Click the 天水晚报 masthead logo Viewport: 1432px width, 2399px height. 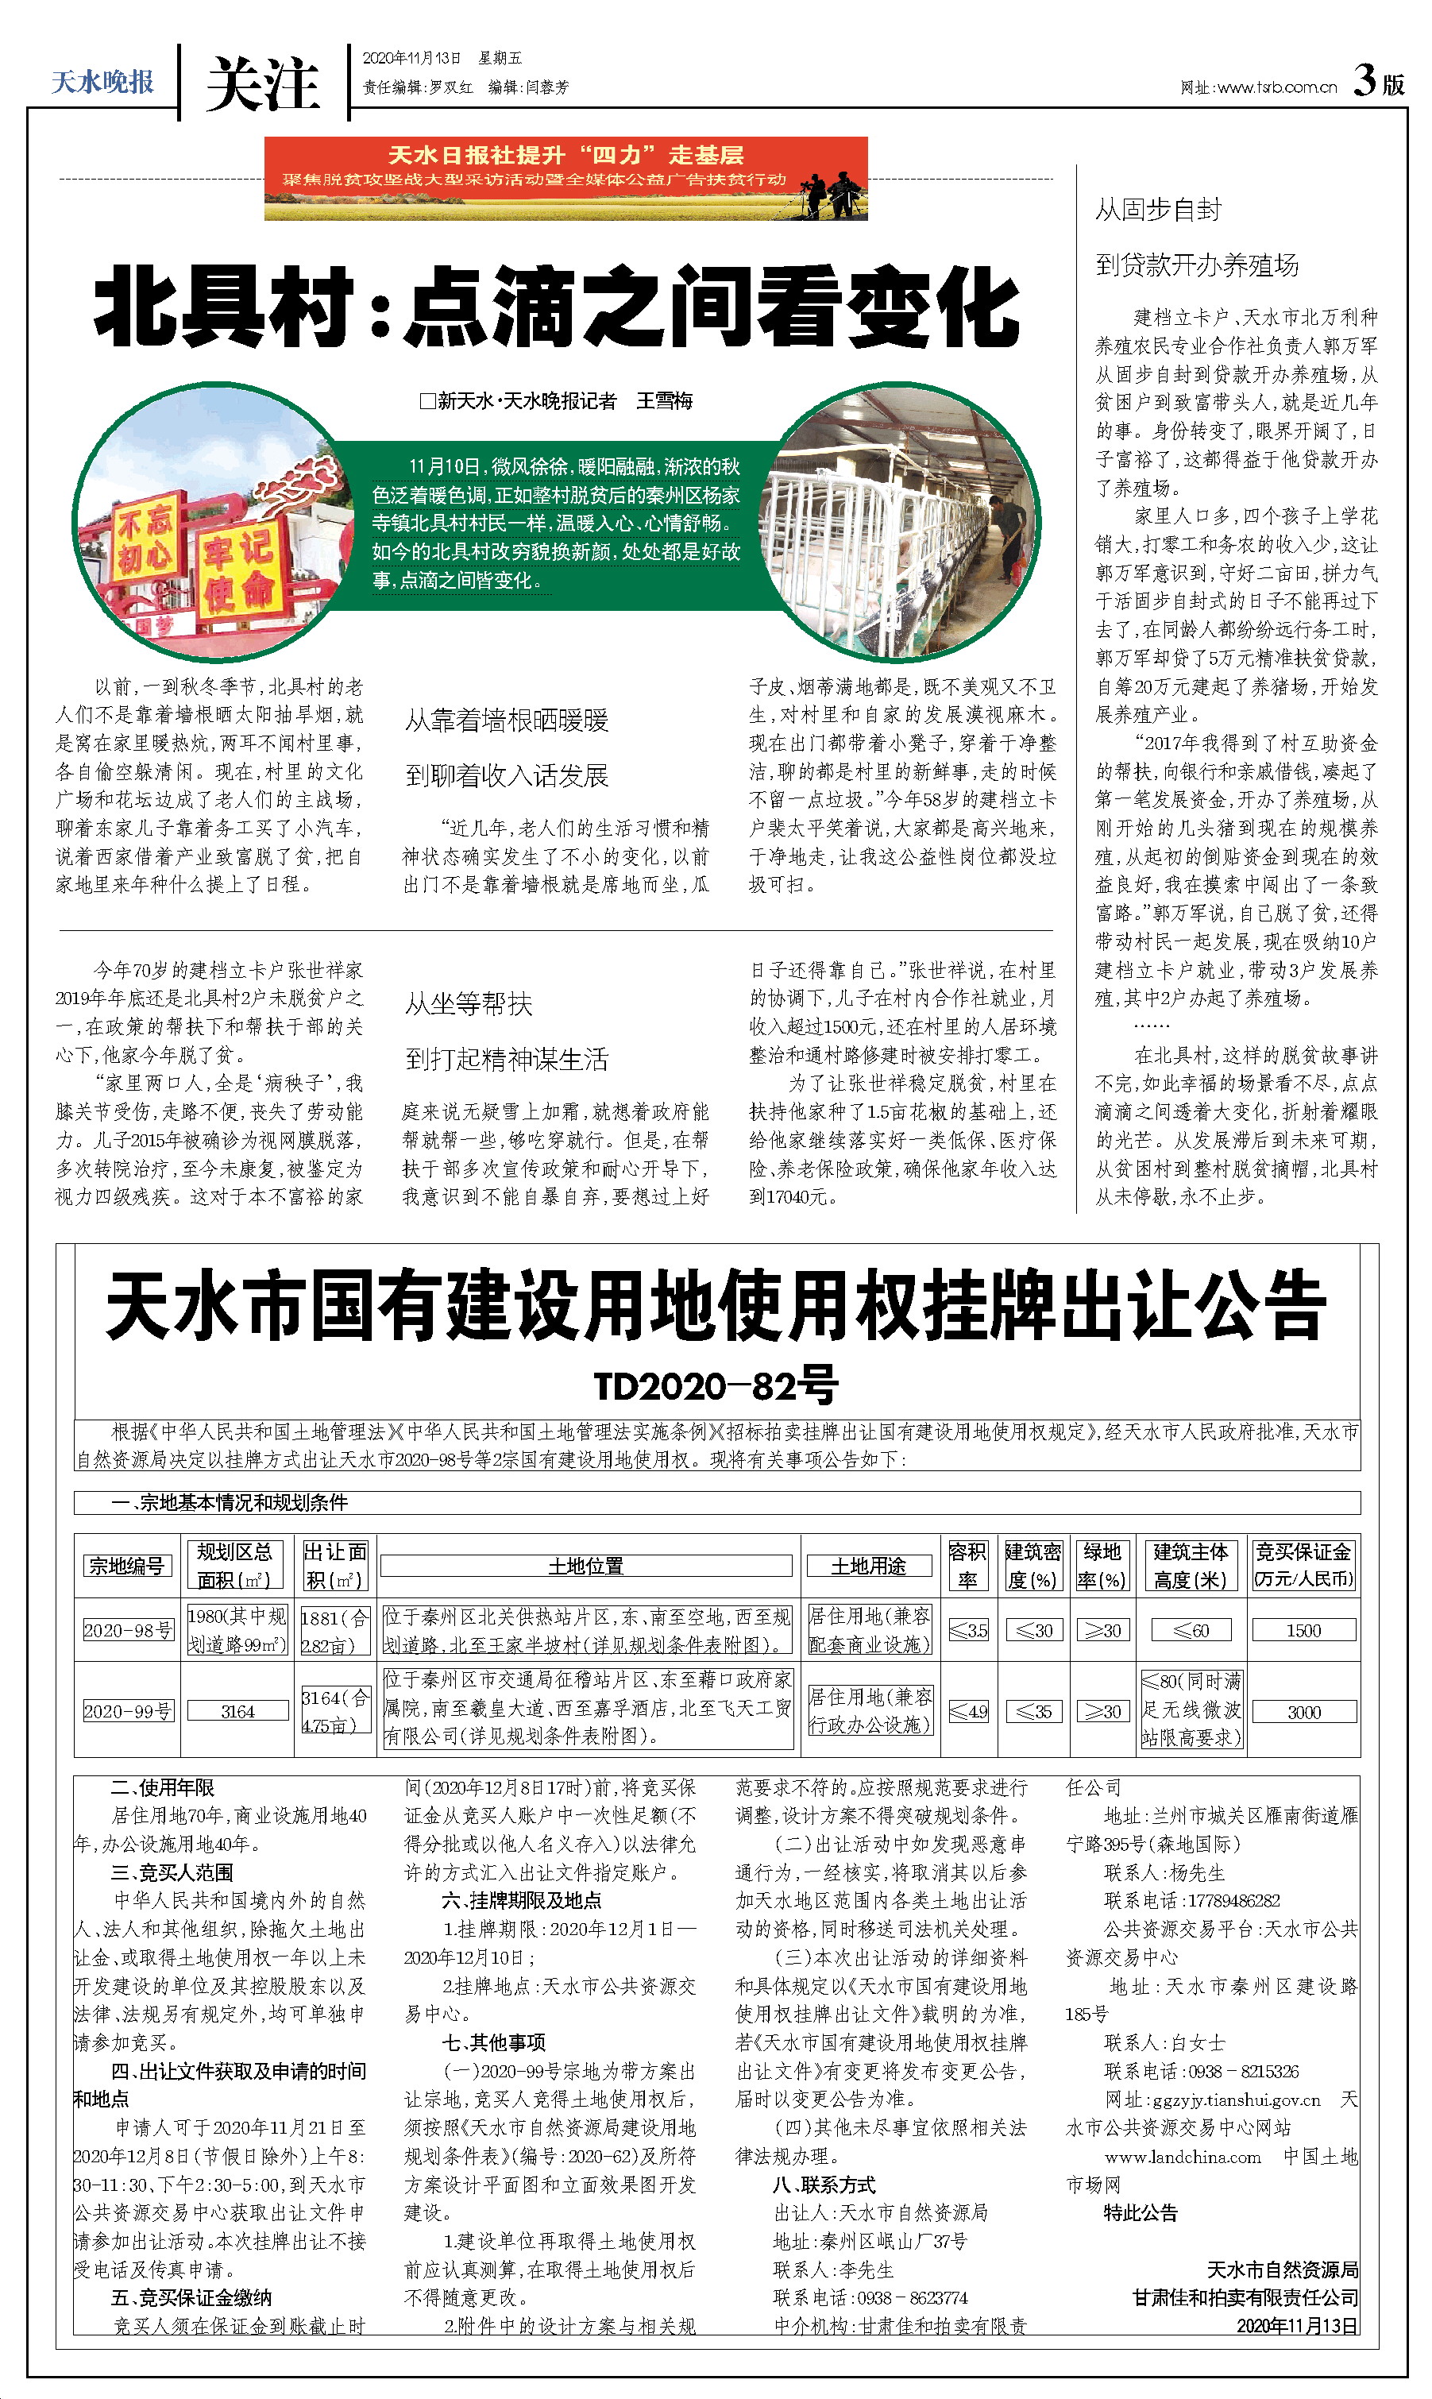click(x=102, y=82)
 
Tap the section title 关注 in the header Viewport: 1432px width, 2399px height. click(x=261, y=85)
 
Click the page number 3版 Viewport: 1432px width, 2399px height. click(x=1378, y=81)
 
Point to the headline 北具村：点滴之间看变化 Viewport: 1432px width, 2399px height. click(x=557, y=307)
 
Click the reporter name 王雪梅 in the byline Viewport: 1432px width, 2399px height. click(x=664, y=401)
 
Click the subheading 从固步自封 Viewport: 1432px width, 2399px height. click(x=1158, y=210)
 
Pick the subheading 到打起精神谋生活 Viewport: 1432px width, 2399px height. click(x=507, y=1060)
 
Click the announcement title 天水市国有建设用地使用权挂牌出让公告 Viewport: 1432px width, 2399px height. click(x=716, y=1307)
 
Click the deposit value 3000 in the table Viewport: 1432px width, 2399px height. click(x=1303, y=1712)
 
